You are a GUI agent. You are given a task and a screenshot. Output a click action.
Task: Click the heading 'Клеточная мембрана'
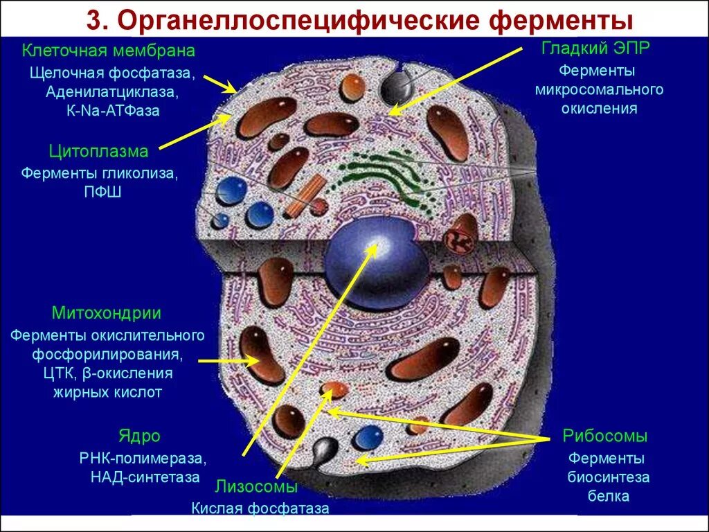pos(109,51)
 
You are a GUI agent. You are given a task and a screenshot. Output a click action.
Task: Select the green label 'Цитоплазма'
pos(98,151)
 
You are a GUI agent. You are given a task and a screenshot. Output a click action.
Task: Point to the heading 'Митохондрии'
pos(107,313)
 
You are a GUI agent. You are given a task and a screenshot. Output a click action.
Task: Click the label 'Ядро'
pos(139,436)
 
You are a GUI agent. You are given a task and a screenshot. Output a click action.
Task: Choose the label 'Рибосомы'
pos(605,436)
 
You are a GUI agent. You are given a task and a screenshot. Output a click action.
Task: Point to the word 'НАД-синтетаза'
pos(145,477)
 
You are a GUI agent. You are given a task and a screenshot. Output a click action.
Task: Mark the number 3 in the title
pos(94,20)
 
